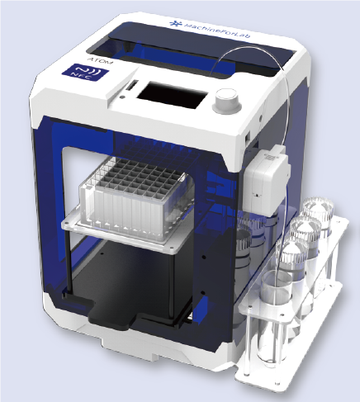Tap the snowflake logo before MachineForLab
click(175, 24)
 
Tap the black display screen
click(173, 96)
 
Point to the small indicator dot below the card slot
click(121, 97)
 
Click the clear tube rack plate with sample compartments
click(136, 200)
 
